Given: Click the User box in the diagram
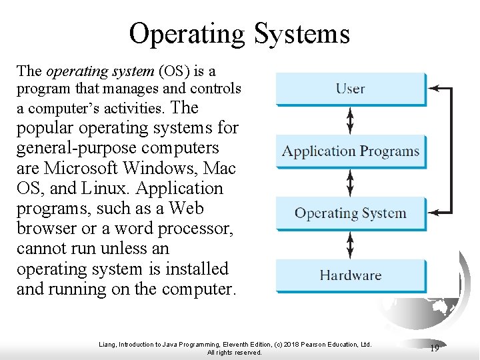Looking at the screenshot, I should click(x=351, y=89).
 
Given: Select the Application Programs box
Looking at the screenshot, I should click(x=351, y=151).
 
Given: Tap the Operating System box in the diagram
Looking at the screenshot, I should click(x=351, y=213).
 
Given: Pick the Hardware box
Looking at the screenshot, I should click(x=351, y=275).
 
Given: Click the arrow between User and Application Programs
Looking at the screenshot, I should click(x=351, y=120).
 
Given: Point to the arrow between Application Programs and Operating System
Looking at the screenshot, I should click(x=351, y=183).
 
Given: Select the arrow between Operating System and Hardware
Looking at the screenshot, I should click(x=351, y=245).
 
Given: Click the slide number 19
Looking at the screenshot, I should click(x=435, y=348).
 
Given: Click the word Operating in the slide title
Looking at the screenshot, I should click(x=187, y=33).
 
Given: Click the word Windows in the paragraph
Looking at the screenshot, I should click(x=151, y=168).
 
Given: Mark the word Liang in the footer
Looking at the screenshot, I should click(x=107, y=344).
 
